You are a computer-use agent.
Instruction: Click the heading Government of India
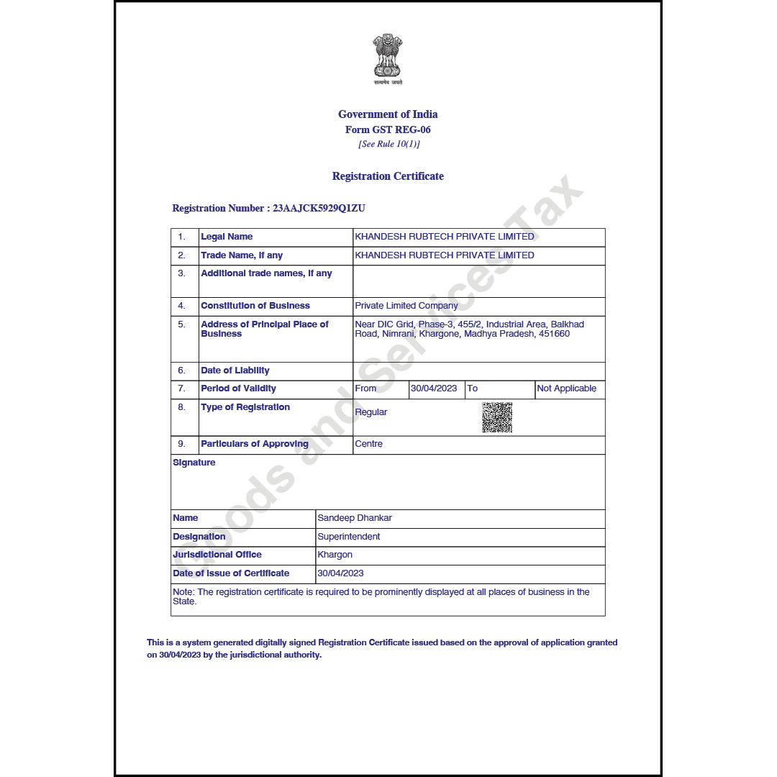pos(388,114)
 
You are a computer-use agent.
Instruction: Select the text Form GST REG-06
pos(388,130)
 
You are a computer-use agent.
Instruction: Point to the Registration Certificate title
pos(388,176)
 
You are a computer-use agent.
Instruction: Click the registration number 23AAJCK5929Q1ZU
pos(319,209)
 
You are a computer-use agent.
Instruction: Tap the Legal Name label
pos(227,237)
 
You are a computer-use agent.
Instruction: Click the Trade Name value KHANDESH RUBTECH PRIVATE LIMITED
pos(445,255)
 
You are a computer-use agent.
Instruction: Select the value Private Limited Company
pos(406,306)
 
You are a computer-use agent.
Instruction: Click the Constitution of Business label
pos(255,306)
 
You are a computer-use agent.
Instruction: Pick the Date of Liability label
pos(235,371)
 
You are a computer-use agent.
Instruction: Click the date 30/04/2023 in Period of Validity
pos(434,388)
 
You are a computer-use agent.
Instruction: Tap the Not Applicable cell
pos(567,388)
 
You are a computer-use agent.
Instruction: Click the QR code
pos(497,417)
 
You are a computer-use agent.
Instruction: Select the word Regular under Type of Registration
pos(371,412)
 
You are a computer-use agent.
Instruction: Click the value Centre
pos(369,444)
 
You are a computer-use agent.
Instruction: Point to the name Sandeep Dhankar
pos(355,518)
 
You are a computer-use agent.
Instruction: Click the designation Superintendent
pos(349,537)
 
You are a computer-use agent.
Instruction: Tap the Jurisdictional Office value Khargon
pos(335,555)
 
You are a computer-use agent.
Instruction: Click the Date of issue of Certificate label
pos(231,573)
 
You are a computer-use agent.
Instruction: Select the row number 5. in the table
pos(182,324)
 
